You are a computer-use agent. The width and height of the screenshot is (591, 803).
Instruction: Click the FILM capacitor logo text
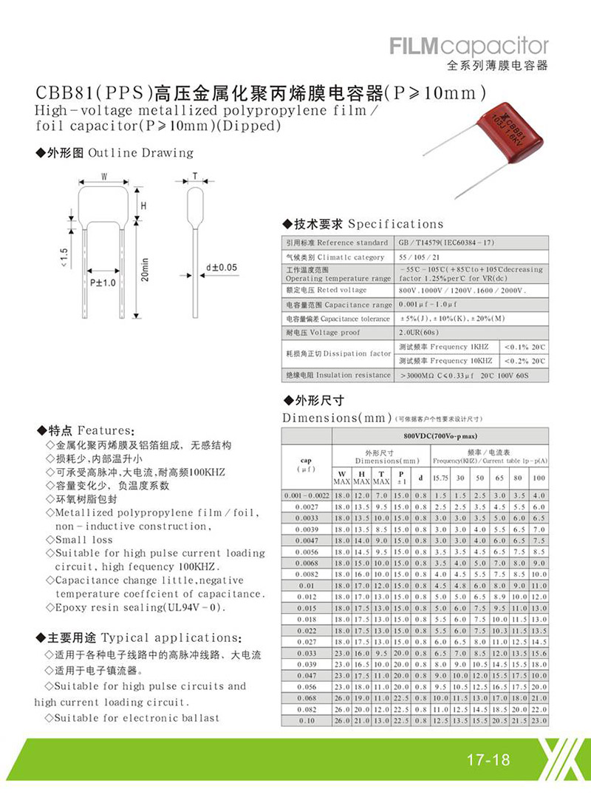tap(469, 46)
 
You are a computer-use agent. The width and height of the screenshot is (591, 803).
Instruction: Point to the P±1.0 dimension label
tap(103, 282)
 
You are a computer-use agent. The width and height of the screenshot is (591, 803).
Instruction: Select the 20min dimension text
tap(145, 271)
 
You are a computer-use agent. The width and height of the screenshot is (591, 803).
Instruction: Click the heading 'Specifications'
tap(395, 224)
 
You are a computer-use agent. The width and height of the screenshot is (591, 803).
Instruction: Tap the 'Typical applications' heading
tap(170, 638)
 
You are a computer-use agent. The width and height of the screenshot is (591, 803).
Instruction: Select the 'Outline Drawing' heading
tap(140, 153)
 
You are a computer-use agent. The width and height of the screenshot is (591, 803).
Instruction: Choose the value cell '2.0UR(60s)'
tap(420, 333)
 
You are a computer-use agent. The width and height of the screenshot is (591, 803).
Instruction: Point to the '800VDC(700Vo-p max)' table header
tap(440, 438)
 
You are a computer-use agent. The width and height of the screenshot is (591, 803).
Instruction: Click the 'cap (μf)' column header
tap(306, 464)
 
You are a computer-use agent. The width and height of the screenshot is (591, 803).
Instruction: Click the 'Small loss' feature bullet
tap(81, 540)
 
